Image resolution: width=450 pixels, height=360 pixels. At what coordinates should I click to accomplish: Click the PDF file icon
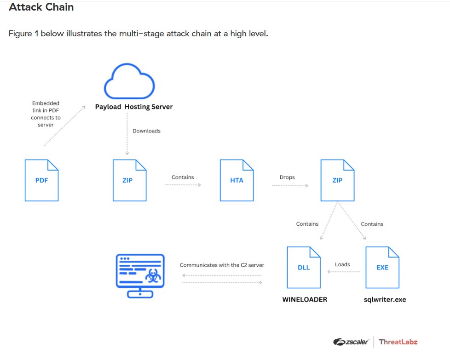click(41, 180)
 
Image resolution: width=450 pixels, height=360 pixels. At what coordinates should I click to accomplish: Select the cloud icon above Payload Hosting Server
click(129, 83)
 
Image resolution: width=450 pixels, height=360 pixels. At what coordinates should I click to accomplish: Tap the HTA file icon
click(237, 180)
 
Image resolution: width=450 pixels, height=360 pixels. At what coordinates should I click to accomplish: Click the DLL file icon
click(304, 267)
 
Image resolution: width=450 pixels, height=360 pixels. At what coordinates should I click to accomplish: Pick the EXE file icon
click(382, 267)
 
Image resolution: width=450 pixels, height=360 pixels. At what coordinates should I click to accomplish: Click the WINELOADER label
click(305, 299)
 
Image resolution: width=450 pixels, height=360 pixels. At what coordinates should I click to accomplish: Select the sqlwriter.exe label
click(385, 299)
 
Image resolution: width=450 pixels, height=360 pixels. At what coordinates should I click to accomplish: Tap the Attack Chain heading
click(41, 8)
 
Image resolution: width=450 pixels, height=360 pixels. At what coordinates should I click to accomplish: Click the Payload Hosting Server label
click(134, 107)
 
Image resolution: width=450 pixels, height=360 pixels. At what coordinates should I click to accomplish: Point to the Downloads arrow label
click(146, 131)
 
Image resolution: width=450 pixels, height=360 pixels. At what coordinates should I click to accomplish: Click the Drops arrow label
click(287, 177)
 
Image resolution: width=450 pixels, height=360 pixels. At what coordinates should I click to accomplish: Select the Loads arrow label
click(342, 264)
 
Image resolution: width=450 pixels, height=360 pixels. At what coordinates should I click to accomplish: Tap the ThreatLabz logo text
click(398, 342)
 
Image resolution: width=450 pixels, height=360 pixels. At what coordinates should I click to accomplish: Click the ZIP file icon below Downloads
click(129, 180)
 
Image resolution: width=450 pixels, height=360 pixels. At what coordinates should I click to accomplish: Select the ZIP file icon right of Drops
click(337, 180)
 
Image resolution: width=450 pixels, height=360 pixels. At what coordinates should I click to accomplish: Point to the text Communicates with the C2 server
click(222, 265)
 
